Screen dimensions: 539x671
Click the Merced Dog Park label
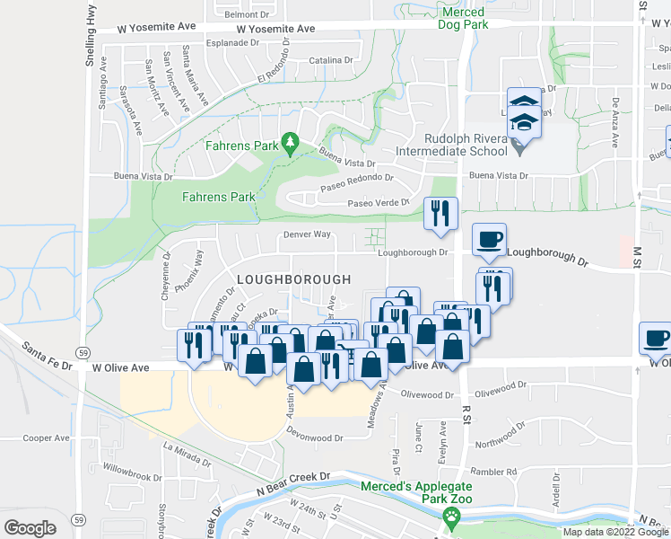click(x=464, y=18)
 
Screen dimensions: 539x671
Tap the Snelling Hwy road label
click(x=90, y=49)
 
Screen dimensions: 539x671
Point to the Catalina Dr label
click(x=331, y=60)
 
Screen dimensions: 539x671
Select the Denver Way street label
click(x=308, y=234)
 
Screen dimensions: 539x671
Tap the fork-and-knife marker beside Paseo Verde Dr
click(x=440, y=214)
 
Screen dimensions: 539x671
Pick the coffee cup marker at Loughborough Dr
click(x=489, y=240)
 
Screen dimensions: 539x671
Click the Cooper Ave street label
click(x=47, y=438)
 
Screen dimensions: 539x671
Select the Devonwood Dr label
click(x=315, y=438)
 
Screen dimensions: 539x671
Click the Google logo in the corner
click(x=30, y=527)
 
